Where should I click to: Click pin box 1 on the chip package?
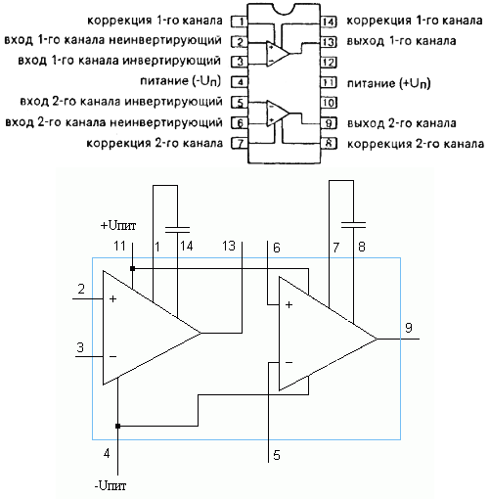240,22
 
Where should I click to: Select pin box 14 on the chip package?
328,22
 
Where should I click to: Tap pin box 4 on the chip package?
240,81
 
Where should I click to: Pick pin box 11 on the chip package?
328,82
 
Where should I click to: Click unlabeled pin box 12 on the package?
328,62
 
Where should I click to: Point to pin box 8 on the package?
328,143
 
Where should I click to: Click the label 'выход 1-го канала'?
401,41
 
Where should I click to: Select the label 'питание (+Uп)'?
388,83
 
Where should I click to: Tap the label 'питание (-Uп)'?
181,81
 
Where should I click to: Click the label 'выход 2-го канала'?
401,123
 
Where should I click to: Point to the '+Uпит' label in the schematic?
118,225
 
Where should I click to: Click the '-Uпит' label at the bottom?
111,485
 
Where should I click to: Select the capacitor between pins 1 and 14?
177,230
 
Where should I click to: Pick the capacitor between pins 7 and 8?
353,225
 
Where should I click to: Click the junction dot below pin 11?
132,268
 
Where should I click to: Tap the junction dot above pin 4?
117,426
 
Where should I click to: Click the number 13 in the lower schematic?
229,246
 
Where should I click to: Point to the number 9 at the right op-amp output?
409,328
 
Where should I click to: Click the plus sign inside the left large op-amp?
112,298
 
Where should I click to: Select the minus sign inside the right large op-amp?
289,362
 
